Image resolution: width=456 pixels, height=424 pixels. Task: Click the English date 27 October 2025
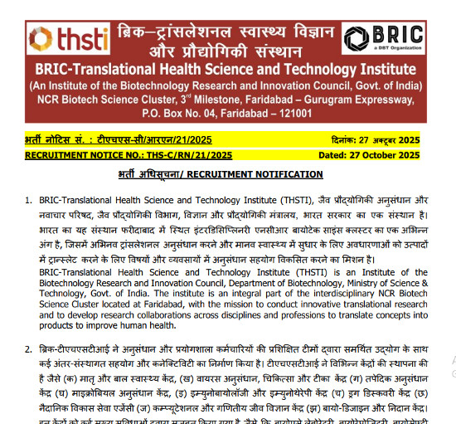(x=396, y=154)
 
